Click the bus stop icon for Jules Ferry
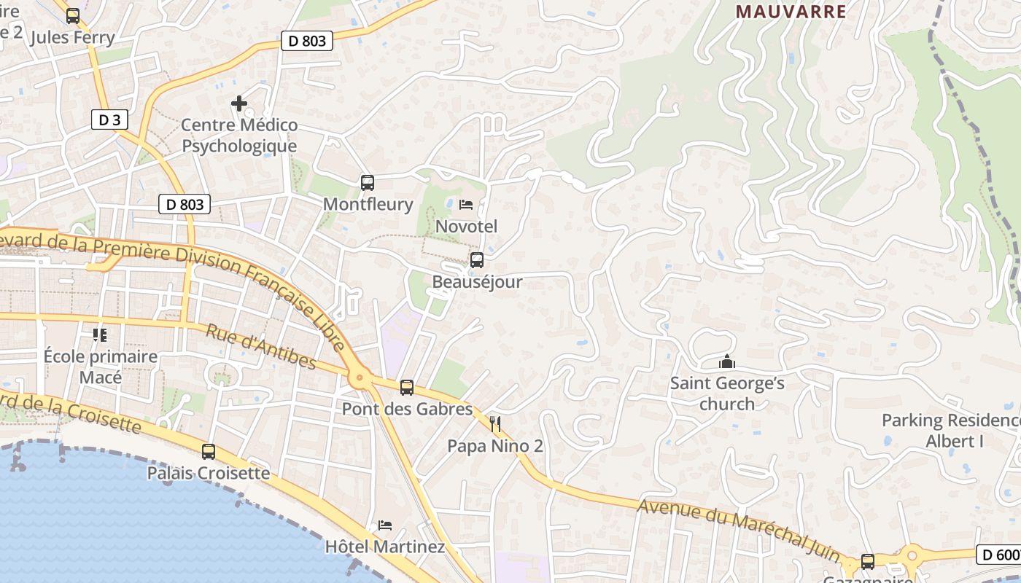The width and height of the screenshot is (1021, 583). (x=73, y=16)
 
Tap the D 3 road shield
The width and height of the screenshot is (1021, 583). (x=109, y=120)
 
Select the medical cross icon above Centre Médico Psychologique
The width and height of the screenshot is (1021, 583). (x=238, y=103)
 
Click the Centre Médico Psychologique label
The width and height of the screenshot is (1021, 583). (x=239, y=136)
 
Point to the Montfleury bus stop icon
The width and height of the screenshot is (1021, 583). (x=368, y=183)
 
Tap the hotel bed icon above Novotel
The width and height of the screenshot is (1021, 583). (x=466, y=205)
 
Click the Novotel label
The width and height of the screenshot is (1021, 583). (x=466, y=227)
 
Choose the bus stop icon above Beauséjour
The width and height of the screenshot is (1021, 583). (x=477, y=260)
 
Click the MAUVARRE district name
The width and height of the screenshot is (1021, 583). (x=791, y=12)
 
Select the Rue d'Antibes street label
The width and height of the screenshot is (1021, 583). (x=260, y=346)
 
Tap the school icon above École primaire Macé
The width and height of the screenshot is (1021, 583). (x=100, y=335)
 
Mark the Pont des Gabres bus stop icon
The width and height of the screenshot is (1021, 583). (x=407, y=388)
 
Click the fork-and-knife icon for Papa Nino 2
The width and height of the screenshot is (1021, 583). (x=495, y=424)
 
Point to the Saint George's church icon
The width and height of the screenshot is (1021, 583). (x=727, y=361)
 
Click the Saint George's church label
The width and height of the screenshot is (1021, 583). (x=727, y=394)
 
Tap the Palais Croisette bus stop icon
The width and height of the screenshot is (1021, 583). (x=209, y=452)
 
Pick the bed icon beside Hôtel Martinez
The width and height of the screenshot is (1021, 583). (x=385, y=525)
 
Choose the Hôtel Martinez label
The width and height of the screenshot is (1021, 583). (x=384, y=547)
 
